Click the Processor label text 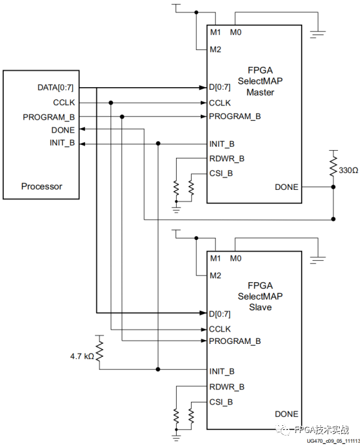point(42,186)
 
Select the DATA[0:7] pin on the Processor point(56,88)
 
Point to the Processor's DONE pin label point(64,130)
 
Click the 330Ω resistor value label point(348,170)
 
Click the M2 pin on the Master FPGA point(216,49)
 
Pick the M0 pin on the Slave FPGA point(235,258)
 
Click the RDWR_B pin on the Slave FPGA point(227,387)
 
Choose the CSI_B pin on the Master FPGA point(222,174)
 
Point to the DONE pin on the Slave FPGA point(286,413)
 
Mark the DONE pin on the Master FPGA point(286,187)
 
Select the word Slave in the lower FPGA point(260,307)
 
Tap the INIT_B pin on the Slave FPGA point(222,371)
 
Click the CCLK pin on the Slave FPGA point(221,329)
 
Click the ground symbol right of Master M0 point(318,33)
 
